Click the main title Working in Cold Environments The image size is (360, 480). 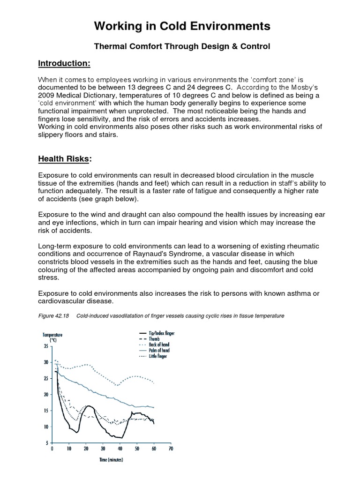pos(182,26)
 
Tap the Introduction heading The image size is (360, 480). pos(64,63)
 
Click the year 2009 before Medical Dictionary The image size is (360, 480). pos(46,95)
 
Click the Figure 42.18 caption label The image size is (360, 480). pos(54,316)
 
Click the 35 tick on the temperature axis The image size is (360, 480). pos(45,346)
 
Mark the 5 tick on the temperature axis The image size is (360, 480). pos(46,442)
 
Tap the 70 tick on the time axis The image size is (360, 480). pos(171,449)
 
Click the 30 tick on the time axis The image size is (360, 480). pos(103,449)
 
